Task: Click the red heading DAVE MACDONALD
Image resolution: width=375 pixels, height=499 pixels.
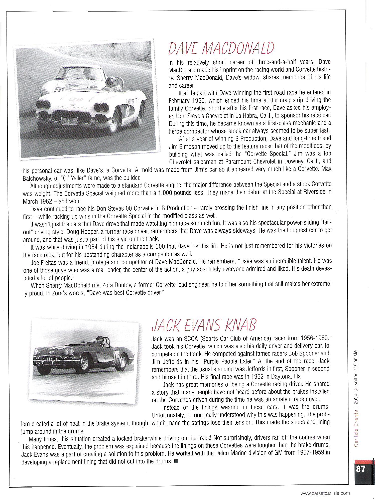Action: [221, 48]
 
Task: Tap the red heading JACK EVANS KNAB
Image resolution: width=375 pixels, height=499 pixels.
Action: [204, 325]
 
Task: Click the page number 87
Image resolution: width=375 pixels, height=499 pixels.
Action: [360, 469]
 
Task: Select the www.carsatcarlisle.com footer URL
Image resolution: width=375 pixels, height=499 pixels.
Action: [325, 493]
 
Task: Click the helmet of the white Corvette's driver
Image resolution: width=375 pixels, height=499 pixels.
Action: [110, 81]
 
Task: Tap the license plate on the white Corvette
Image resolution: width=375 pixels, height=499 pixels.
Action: [69, 121]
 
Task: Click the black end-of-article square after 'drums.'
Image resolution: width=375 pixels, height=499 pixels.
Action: [176, 461]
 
